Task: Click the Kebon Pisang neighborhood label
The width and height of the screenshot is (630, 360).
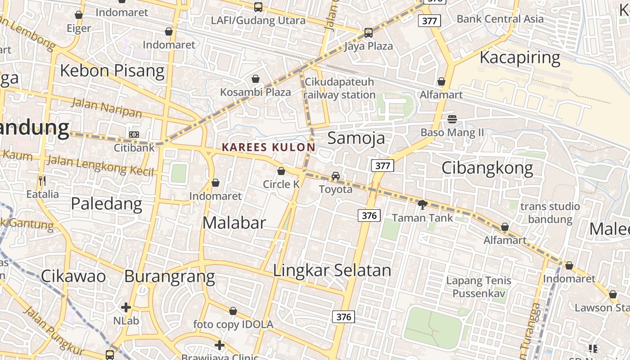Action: coord(112,71)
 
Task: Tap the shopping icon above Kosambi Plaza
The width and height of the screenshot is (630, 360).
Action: coord(256,79)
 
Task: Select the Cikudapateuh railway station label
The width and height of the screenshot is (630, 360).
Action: coord(339,88)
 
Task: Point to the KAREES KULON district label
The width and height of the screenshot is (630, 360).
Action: coord(269,147)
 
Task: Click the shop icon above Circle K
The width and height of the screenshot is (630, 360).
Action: coord(281,171)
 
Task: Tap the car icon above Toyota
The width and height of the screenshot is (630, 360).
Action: coord(336,176)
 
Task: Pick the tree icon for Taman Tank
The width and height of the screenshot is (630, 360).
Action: coord(422,205)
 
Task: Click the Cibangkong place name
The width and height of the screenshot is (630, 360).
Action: coord(487,168)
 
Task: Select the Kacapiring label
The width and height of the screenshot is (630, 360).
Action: coord(520,58)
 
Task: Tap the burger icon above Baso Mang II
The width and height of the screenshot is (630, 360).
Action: coord(452,119)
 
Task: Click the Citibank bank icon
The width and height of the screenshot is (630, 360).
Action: coord(134,135)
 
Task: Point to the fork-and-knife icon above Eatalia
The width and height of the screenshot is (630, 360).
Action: coord(42,181)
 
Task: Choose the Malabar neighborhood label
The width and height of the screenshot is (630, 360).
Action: coord(234,222)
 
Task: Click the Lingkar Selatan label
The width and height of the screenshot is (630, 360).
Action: coord(332,270)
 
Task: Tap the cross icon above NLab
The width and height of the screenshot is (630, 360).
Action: coord(126,308)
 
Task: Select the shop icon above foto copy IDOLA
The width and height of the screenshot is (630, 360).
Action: coord(233,311)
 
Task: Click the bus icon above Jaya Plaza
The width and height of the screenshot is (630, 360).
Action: coord(369,33)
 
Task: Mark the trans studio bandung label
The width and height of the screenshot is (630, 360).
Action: coord(550,213)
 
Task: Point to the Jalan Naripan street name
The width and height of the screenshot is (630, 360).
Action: coord(107,108)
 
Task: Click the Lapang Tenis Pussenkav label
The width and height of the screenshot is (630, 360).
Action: coord(479,287)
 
